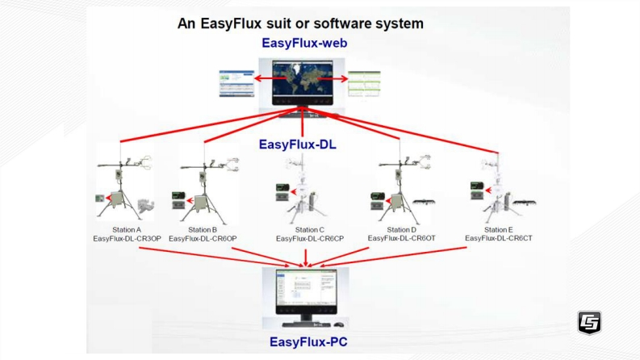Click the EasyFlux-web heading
304,43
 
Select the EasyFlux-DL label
298,144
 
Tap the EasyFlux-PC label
308,341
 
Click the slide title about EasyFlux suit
300,23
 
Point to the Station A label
127,230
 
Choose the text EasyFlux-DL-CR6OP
203,238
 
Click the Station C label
310,230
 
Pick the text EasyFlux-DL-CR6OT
402,238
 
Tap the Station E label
499,230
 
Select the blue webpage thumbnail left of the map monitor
236,83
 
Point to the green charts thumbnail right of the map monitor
364,84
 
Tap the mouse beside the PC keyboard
339,325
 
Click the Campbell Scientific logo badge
589,322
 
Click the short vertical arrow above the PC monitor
306,258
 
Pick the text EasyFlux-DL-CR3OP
127,238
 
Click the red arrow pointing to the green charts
333,79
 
